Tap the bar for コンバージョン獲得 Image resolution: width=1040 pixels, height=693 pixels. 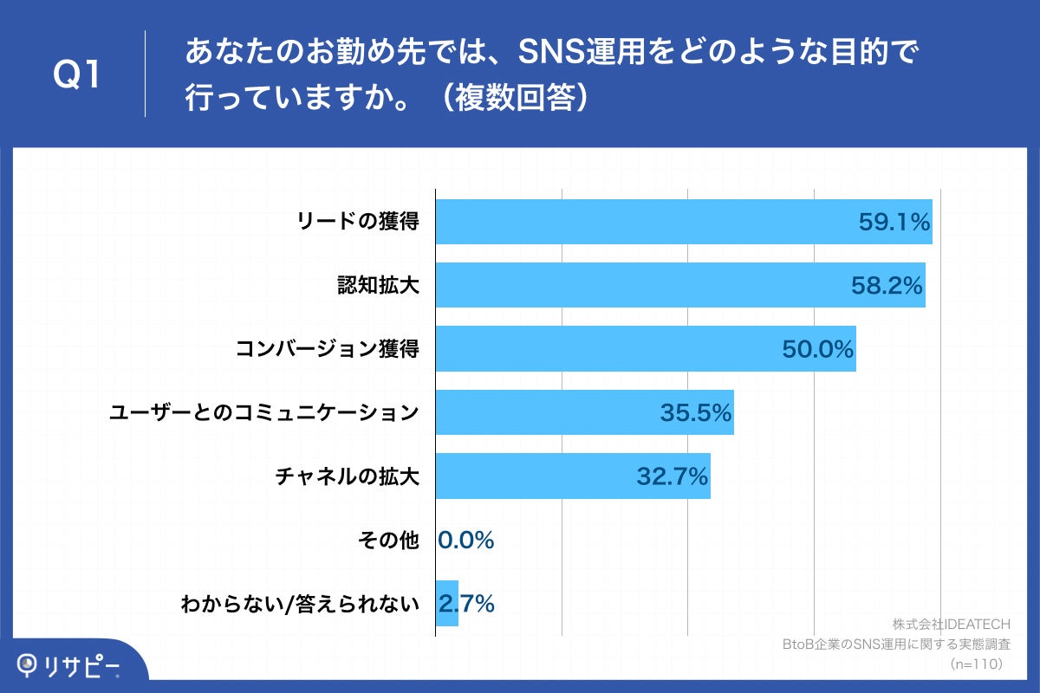[x=607, y=349]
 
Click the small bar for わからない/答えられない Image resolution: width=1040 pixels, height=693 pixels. [x=446, y=603]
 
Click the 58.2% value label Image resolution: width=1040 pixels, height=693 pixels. [x=887, y=285]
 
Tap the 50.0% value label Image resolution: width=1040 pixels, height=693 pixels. [x=818, y=349]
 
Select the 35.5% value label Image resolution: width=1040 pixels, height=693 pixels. [x=696, y=413]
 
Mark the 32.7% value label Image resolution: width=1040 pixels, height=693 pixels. [x=673, y=476]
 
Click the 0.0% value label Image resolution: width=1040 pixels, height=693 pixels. [x=465, y=541]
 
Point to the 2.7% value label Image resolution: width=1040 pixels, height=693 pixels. [x=468, y=604]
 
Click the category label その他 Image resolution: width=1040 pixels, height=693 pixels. [x=388, y=541]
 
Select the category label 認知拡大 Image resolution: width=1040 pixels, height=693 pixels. [x=378, y=286]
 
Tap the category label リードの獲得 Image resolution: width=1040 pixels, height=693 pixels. [x=358, y=222]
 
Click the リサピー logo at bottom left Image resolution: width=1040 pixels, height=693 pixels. [x=69, y=665]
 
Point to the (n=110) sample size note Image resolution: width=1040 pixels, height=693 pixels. [x=976, y=664]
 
